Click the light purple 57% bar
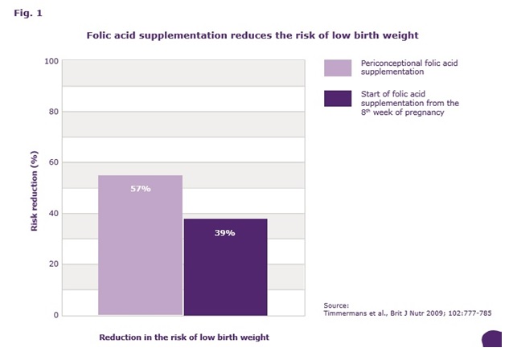[140, 245]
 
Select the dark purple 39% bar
[226, 267]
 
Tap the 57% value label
[141, 189]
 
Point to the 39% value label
[224, 233]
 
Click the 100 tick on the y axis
[51, 61]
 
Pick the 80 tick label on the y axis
[54, 112]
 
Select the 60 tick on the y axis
[54, 162]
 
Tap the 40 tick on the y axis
[54, 214]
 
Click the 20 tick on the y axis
[54, 264]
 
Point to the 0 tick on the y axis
[56, 315]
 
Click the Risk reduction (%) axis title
[34, 191]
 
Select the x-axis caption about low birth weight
[184, 337]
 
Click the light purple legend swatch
[338, 67]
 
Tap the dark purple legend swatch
[338, 98]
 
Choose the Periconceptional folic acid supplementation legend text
[409, 67]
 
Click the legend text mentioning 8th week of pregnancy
[410, 103]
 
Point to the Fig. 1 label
[28, 14]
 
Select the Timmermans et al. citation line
[408, 313]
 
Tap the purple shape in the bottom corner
[492, 339]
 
